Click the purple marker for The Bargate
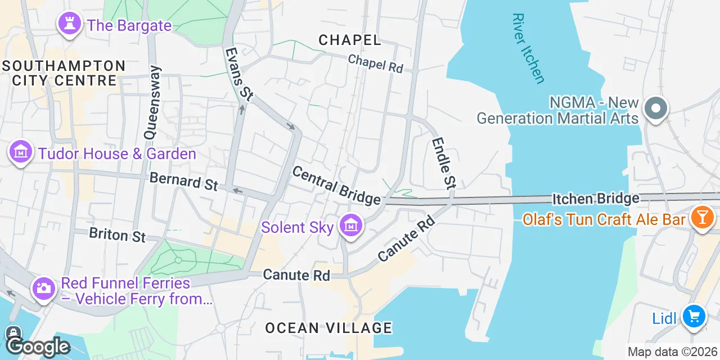point(70,24)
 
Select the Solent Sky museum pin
point(351,227)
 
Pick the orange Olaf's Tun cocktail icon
point(702,218)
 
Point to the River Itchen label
point(528,48)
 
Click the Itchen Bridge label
point(596,199)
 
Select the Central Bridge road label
point(336,186)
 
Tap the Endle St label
point(443,163)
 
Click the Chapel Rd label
point(375,63)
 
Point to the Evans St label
point(238,74)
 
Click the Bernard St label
point(183,181)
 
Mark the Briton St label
point(117,235)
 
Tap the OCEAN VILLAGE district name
point(328,328)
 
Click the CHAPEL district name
point(349,40)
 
